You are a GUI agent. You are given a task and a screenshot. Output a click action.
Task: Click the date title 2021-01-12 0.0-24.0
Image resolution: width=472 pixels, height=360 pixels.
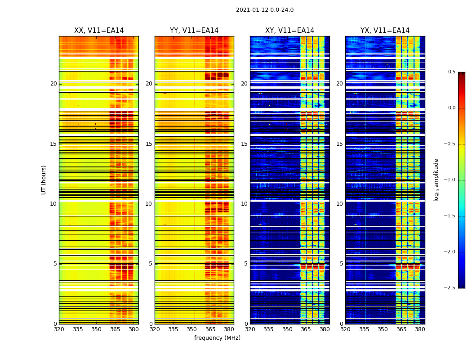tap(264, 10)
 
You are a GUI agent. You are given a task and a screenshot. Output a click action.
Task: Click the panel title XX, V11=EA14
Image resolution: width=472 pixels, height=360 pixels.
tap(99, 31)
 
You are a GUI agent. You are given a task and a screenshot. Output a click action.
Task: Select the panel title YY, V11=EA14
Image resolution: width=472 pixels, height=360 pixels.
tap(194, 31)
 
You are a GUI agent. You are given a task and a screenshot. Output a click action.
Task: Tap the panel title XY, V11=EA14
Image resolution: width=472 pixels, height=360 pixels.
tap(289, 31)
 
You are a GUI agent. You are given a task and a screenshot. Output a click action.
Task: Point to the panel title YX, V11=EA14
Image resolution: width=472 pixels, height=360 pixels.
tap(385, 31)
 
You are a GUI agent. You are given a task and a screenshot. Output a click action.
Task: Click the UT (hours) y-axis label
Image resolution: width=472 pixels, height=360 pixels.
tap(44, 180)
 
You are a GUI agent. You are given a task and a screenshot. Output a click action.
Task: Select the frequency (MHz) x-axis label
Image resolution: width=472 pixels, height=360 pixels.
tap(217, 338)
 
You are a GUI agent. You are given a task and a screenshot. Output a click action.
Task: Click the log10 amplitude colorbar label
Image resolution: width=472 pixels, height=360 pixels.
tap(436, 180)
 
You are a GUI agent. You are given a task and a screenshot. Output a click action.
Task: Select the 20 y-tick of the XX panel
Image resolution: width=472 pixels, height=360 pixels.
tap(53, 84)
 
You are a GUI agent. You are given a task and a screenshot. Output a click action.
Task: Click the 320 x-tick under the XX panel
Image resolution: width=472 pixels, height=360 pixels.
tap(59, 329)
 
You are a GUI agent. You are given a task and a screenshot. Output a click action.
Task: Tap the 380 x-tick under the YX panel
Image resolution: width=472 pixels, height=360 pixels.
tap(420, 329)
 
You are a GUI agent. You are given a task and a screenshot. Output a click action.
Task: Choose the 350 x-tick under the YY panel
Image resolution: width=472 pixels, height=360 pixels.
tap(192, 329)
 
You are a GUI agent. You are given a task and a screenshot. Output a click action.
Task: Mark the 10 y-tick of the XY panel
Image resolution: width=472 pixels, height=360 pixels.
tap(245, 204)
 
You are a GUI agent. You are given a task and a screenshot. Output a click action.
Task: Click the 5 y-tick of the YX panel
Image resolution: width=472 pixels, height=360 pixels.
tap(342, 264)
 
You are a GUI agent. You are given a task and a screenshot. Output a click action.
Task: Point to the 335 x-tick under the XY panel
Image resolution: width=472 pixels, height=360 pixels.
tap(269, 329)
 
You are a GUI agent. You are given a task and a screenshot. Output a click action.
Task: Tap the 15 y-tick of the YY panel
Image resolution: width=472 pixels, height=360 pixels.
tap(149, 144)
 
